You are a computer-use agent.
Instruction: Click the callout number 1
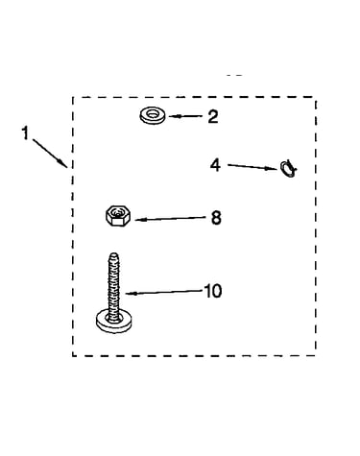coord(25,132)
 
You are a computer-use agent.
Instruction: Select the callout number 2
coord(212,116)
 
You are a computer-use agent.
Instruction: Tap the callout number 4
coord(215,165)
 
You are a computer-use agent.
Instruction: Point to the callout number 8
coord(216,218)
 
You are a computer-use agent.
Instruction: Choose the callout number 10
coord(212,291)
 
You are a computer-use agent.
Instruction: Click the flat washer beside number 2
coord(153,115)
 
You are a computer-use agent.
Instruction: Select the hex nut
coord(117,216)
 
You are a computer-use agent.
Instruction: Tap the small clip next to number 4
coord(288,168)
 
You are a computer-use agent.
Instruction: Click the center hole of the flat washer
coord(153,113)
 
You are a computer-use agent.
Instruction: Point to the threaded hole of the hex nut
coord(117,212)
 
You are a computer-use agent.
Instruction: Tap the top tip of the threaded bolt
coord(113,253)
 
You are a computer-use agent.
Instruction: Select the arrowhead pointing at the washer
coord(172,116)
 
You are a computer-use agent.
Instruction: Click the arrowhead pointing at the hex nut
coord(139,220)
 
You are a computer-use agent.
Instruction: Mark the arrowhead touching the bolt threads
coord(130,293)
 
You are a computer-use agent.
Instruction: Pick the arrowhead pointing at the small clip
coord(273,168)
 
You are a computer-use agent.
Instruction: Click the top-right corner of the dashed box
coord(316,97)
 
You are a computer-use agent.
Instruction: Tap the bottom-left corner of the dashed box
coord(73,355)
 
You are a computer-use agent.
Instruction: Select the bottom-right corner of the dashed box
coord(316,355)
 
